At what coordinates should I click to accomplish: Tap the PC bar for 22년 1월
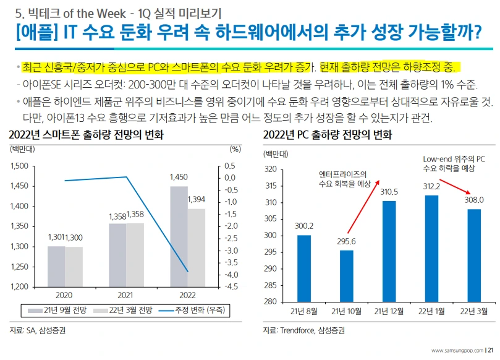coord(431,248)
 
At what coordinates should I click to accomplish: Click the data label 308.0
coord(474,200)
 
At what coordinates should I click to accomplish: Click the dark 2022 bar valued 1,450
coord(179,236)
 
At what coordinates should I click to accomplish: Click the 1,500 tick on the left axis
coord(20,166)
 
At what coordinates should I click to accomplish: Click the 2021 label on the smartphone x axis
coord(126,295)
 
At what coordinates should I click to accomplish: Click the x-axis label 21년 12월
coord(389,311)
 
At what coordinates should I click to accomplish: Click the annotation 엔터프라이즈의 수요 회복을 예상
coord(344,178)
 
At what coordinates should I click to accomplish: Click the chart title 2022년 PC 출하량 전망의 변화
coord(328,135)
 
